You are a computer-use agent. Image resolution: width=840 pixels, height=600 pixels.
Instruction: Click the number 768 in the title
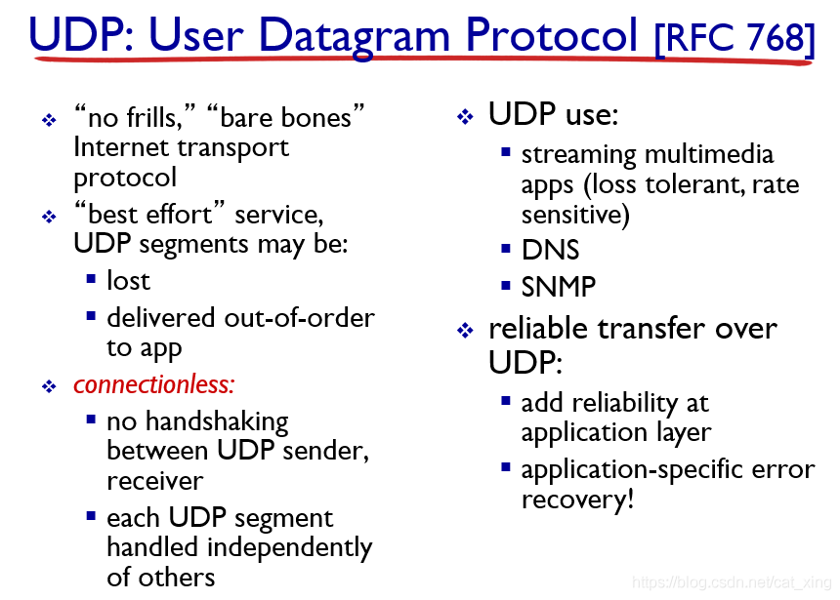pyautogui.click(x=776, y=37)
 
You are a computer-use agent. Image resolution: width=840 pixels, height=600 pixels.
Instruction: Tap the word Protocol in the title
pyautogui.click(x=552, y=35)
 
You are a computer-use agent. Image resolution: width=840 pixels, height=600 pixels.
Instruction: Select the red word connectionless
pyautogui.click(x=154, y=384)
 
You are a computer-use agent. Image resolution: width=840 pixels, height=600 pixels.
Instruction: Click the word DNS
pyautogui.click(x=551, y=250)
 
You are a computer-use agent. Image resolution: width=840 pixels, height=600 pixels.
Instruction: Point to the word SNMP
pyautogui.click(x=559, y=287)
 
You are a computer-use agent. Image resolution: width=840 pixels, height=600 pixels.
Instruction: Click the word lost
pyautogui.click(x=128, y=280)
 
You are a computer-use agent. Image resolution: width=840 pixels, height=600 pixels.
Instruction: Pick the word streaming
pyautogui.click(x=578, y=155)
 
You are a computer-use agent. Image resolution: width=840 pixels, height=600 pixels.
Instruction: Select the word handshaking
pyautogui.click(x=217, y=421)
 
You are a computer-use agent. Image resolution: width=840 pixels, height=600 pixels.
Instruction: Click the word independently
pyautogui.click(x=289, y=548)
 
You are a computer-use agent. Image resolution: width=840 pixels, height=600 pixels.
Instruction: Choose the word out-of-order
pyautogui.click(x=300, y=318)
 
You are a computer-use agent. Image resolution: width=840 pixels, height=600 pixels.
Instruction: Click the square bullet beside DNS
pyautogui.click(x=506, y=249)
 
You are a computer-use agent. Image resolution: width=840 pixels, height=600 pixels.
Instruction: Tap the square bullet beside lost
pyautogui.click(x=91, y=278)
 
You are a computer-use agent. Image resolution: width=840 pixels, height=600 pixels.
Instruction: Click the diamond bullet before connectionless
pyautogui.click(x=49, y=386)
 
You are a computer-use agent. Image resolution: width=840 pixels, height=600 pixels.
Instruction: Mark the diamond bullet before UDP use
pyautogui.click(x=465, y=116)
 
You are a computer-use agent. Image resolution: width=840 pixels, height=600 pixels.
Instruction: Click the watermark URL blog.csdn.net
pyautogui.click(x=724, y=581)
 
